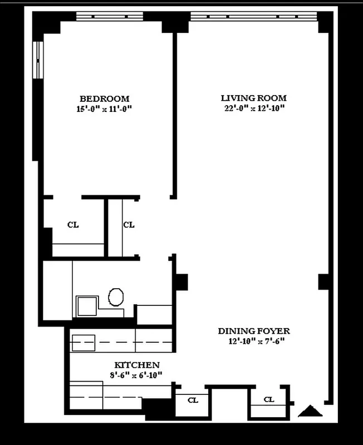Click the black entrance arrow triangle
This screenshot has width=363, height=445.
pyautogui.click(x=311, y=412)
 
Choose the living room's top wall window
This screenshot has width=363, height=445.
pyautogui.click(x=253, y=16)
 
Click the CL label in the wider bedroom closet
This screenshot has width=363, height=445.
pyautogui.click(x=73, y=225)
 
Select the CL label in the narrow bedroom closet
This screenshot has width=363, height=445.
pyautogui.click(x=129, y=225)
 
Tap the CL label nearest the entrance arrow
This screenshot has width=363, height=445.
pyautogui.click(x=268, y=399)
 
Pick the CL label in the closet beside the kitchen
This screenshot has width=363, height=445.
pyautogui.click(x=193, y=399)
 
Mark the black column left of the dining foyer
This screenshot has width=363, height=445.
pyautogui.click(x=182, y=281)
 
